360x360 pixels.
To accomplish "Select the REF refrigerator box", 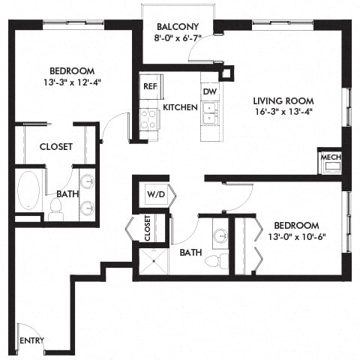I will [148, 85].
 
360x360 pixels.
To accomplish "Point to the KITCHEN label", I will [180, 107].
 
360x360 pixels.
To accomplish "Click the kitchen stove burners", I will [148, 119].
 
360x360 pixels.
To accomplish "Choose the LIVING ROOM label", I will [282, 101].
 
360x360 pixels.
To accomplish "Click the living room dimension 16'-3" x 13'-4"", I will [282, 114].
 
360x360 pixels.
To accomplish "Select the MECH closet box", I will [329, 159].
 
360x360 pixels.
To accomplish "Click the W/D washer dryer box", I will [155, 195].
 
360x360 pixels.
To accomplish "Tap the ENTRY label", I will [31, 340].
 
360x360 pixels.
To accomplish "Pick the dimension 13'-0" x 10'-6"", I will [295, 238].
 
